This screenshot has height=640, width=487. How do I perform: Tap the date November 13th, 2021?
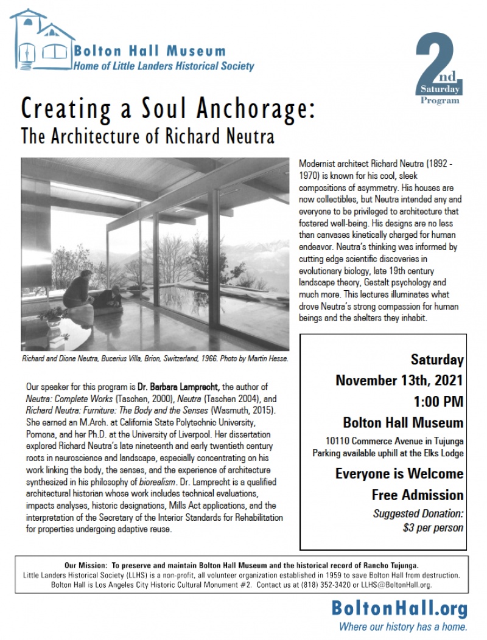pyautogui.click(x=399, y=381)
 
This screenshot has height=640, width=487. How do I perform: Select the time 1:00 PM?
pyautogui.click(x=437, y=402)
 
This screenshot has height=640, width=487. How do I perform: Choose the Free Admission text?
pyautogui.click(x=417, y=495)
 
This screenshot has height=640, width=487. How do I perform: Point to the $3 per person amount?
pyautogui.click(x=433, y=527)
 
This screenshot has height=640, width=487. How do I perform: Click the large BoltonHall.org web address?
pyautogui.click(x=399, y=608)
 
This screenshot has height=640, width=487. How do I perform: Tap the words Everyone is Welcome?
pyautogui.click(x=399, y=473)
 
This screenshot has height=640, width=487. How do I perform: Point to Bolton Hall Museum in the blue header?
pyautogui.click(x=150, y=52)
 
